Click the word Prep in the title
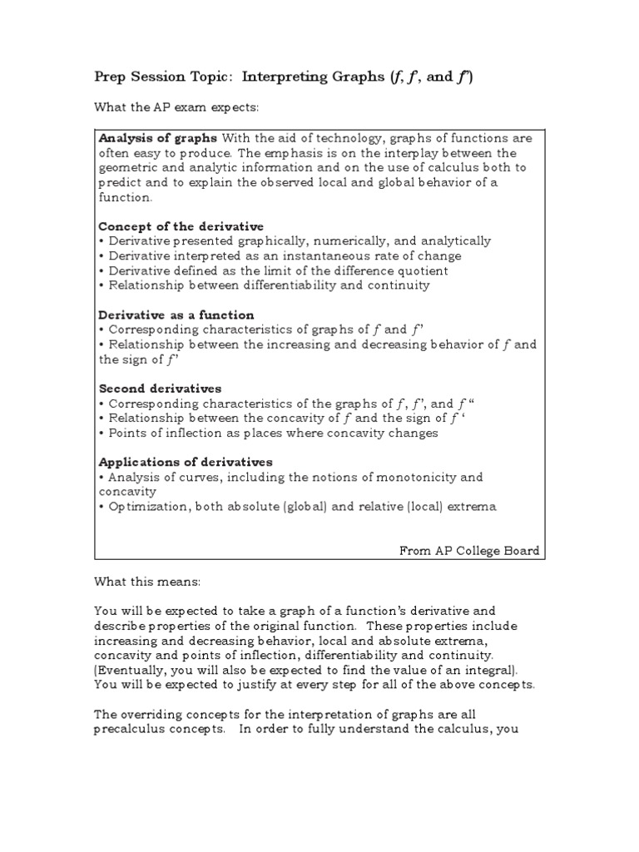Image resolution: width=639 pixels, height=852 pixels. [111, 77]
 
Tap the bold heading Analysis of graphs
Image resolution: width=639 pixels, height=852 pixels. [158, 138]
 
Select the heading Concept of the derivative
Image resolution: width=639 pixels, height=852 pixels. [181, 226]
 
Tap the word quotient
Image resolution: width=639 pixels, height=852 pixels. [422, 271]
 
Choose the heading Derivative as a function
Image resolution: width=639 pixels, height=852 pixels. [176, 315]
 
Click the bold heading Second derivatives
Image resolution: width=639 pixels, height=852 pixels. [160, 389]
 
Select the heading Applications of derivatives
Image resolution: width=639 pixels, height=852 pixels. [186, 462]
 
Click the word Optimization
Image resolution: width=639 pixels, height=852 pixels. [146, 507]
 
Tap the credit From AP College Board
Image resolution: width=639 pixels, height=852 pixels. [468, 551]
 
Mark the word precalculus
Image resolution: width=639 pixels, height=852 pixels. [133, 730]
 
